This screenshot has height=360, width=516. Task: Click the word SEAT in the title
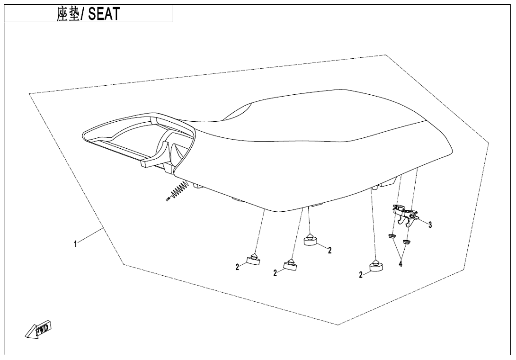(x=104, y=14)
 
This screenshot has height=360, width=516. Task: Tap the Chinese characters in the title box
(x=68, y=14)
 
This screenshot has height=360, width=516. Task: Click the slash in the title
(x=82, y=14)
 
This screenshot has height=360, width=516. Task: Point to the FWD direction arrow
(x=38, y=329)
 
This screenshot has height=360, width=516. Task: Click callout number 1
(x=75, y=244)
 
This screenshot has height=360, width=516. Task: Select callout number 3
(x=430, y=225)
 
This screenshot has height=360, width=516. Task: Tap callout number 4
(x=400, y=263)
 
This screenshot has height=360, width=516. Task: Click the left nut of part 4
(x=391, y=236)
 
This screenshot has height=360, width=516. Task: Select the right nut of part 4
(x=407, y=242)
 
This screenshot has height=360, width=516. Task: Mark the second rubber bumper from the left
(x=291, y=265)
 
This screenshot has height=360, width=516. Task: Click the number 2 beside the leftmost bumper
(x=237, y=268)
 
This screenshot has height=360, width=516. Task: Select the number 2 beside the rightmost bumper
(x=361, y=274)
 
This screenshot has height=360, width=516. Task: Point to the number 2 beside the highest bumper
(x=330, y=250)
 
